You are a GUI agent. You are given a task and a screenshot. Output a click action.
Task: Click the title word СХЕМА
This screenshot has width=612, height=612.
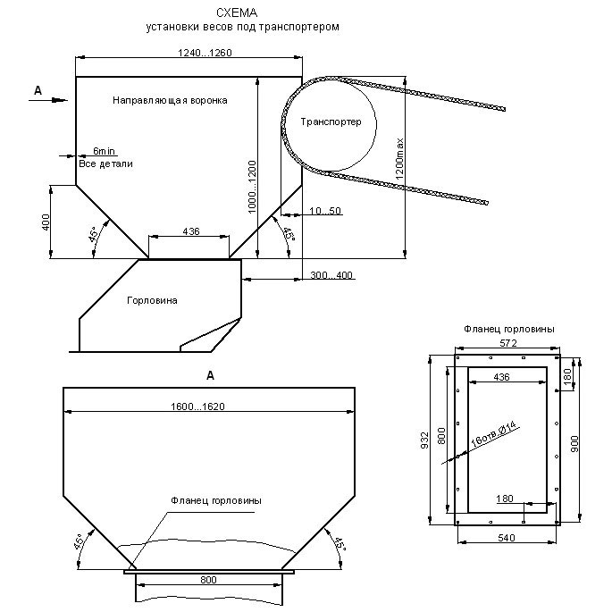tap(235, 13)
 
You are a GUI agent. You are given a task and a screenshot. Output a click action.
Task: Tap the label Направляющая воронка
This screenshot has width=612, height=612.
tap(170, 101)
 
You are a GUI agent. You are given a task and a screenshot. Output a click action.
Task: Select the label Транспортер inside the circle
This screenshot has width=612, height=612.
tap(332, 122)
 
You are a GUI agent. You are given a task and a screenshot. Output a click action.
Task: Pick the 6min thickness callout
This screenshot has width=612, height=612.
tap(104, 153)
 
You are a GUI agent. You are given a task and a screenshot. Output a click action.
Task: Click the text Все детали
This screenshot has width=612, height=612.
tap(105, 164)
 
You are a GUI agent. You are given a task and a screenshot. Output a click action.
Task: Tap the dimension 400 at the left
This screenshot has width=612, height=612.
tap(46, 222)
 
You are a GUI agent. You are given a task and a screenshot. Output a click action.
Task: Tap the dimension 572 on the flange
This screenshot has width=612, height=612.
tap(507, 343)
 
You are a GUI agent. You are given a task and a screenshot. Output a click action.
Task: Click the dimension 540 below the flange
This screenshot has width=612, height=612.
tap(508, 539)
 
